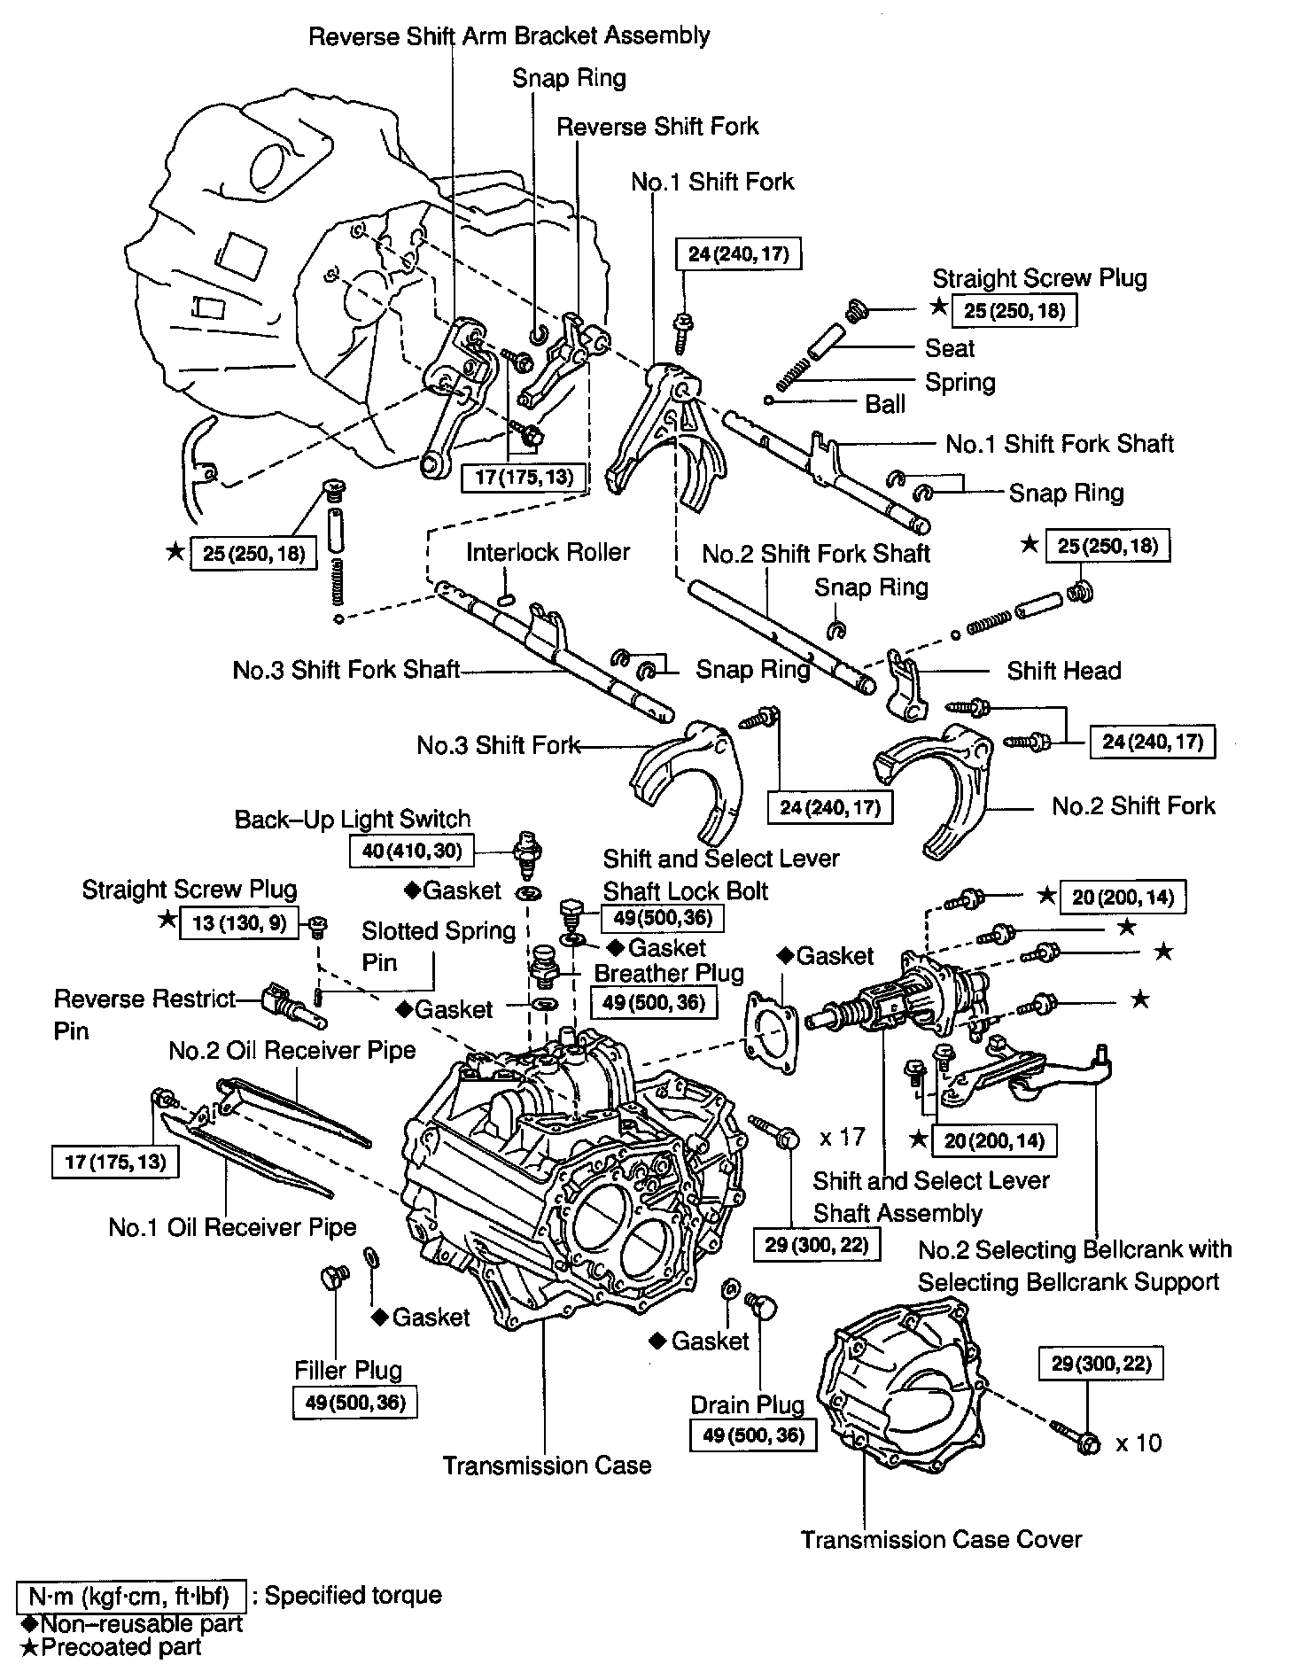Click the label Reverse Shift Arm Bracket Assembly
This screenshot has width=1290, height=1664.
[509, 36]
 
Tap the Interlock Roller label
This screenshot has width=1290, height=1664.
[548, 552]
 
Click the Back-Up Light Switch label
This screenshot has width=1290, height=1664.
[352, 819]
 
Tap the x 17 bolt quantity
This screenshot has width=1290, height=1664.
[842, 1136]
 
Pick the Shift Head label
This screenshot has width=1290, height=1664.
[1063, 671]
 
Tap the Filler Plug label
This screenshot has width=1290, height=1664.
[348, 1370]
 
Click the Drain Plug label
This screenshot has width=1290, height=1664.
[747, 1405]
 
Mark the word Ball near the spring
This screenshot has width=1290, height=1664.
[885, 404]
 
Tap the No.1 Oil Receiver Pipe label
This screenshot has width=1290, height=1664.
[232, 1227]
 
